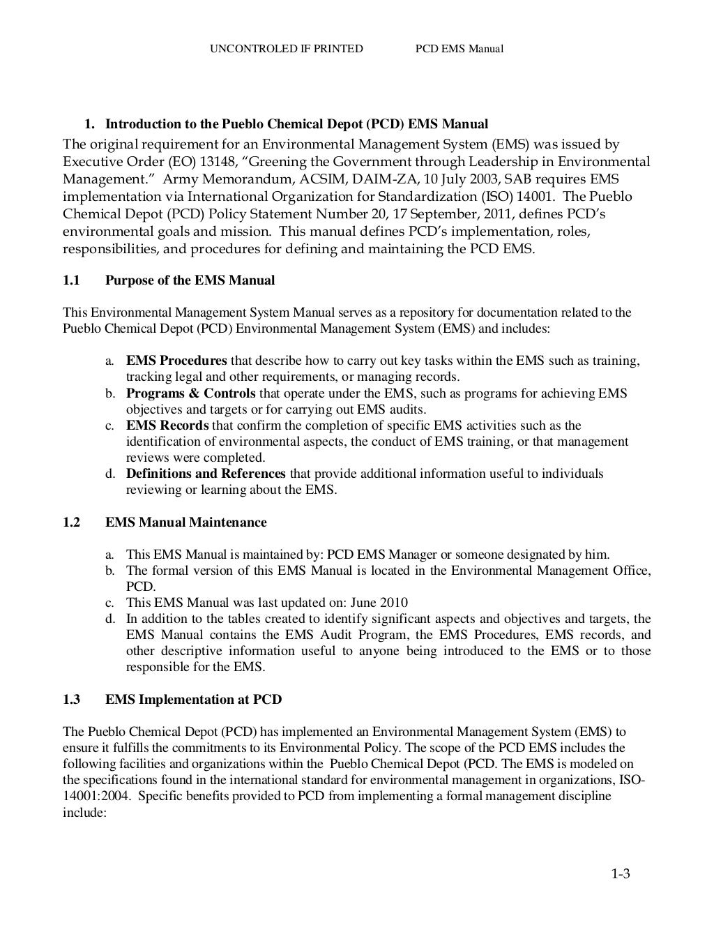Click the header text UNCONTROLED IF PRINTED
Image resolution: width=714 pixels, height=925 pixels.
coord(286,48)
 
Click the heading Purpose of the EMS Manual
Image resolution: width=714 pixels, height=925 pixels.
coord(190,280)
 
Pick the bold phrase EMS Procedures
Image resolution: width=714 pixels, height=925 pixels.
coord(176,361)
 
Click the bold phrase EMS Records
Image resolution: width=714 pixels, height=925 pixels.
coord(167,426)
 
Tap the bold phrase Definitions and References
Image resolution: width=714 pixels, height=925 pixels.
coord(206,474)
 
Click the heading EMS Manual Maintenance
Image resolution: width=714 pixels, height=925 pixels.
coord(185,522)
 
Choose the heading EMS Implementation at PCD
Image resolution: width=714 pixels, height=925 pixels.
coord(193,699)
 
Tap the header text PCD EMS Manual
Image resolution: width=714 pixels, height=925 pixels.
coord(459,48)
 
